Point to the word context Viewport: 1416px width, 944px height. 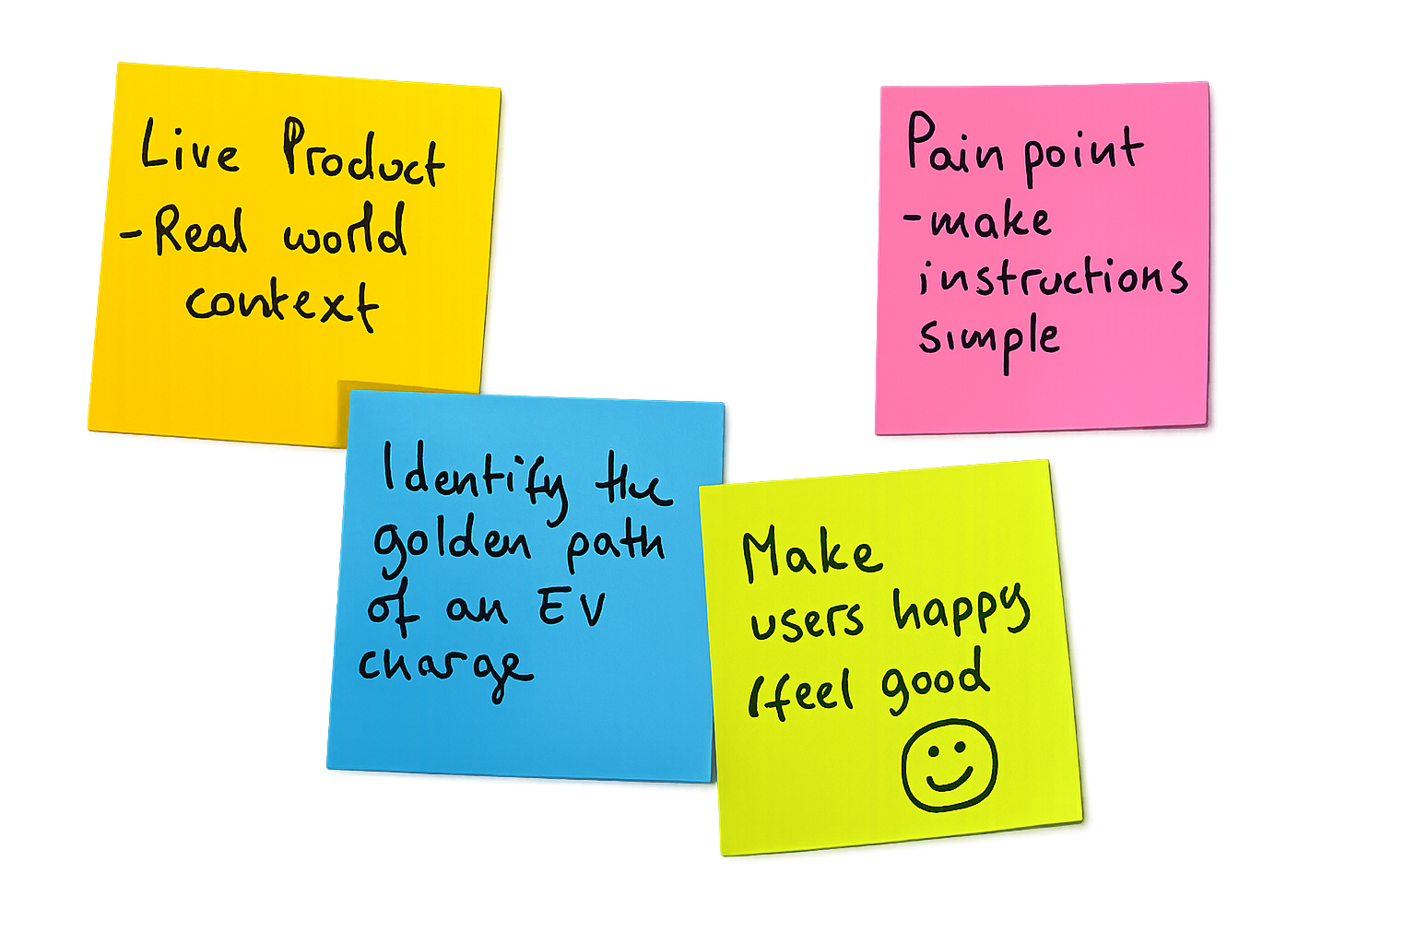(x=281, y=301)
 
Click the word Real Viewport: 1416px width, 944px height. (x=200, y=230)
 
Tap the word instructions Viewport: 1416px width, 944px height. (x=1052, y=277)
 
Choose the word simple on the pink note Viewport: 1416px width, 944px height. (x=988, y=338)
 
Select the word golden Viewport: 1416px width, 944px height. (x=452, y=544)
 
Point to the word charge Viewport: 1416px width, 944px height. (x=444, y=667)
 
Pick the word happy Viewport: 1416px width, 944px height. (x=960, y=612)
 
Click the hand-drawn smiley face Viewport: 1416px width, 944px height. (x=950, y=765)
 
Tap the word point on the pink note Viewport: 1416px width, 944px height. (x=1083, y=152)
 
